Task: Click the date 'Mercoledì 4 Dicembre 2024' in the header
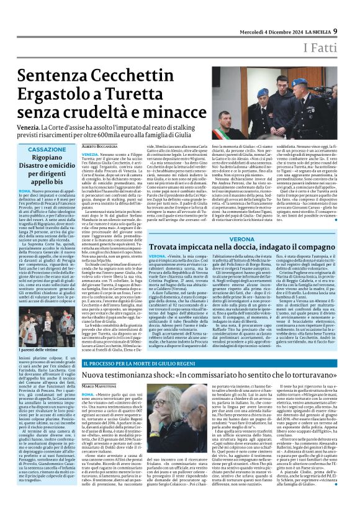click(x=270, y=13)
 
